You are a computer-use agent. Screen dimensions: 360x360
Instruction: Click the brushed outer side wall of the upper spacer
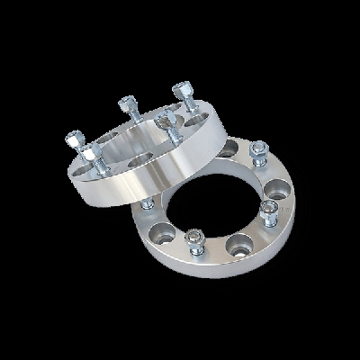(135, 189)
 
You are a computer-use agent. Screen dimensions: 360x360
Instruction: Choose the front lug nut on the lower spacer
(196, 240)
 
